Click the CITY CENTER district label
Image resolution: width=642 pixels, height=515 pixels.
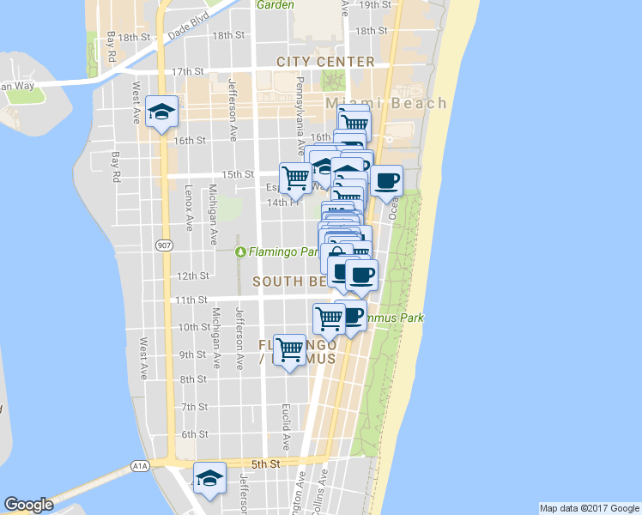coord(325,62)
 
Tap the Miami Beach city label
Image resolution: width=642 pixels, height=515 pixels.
coord(386,103)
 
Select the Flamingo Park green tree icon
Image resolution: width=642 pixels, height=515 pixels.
coord(241,251)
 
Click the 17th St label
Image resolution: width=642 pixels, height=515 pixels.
coord(185,71)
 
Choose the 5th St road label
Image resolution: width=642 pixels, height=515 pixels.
coord(268,463)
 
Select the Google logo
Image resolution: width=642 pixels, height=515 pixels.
coord(28,505)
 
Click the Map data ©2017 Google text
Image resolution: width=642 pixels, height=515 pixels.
coord(589,508)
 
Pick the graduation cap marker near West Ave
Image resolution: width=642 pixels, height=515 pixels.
coord(160,112)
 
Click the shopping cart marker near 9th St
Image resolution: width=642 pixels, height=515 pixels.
coord(290,349)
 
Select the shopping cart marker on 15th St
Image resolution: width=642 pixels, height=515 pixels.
coord(296,177)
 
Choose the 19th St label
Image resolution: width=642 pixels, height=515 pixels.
coord(375,4)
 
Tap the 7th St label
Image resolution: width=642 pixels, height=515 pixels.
coord(195,406)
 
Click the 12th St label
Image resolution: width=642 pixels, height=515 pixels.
coord(193,276)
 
